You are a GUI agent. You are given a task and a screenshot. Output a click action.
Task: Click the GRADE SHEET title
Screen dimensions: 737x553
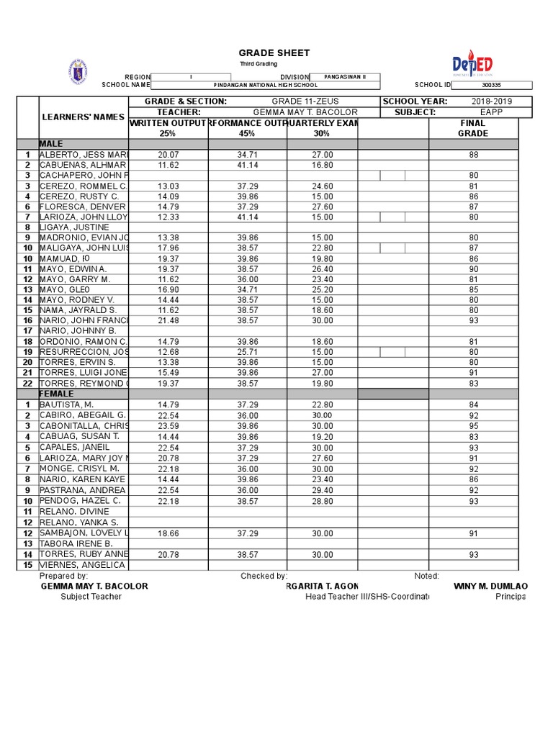(x=274, y=53)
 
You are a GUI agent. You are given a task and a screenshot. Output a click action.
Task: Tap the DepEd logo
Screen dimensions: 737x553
(x=472, y=65)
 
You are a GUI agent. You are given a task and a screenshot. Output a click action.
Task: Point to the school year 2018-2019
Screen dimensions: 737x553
(x=492, y=101)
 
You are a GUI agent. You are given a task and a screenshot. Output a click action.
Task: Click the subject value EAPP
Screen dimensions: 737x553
(x=492, y=112)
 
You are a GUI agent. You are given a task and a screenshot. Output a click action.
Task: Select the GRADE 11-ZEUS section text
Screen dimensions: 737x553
(x=305, y=101)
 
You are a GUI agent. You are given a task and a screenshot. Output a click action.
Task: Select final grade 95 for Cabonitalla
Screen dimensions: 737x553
(x=473, y=425)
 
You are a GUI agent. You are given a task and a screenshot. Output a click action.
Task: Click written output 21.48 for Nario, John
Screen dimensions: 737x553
(x=168, y=320)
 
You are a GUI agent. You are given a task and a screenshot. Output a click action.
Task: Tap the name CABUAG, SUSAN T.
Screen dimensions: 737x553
(x=79, y=436)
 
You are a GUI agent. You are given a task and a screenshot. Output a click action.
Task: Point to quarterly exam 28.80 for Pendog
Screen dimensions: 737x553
(x=322, y=500)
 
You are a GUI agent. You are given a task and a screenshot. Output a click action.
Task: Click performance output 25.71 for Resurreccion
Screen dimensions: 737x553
(x=247, y=351)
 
